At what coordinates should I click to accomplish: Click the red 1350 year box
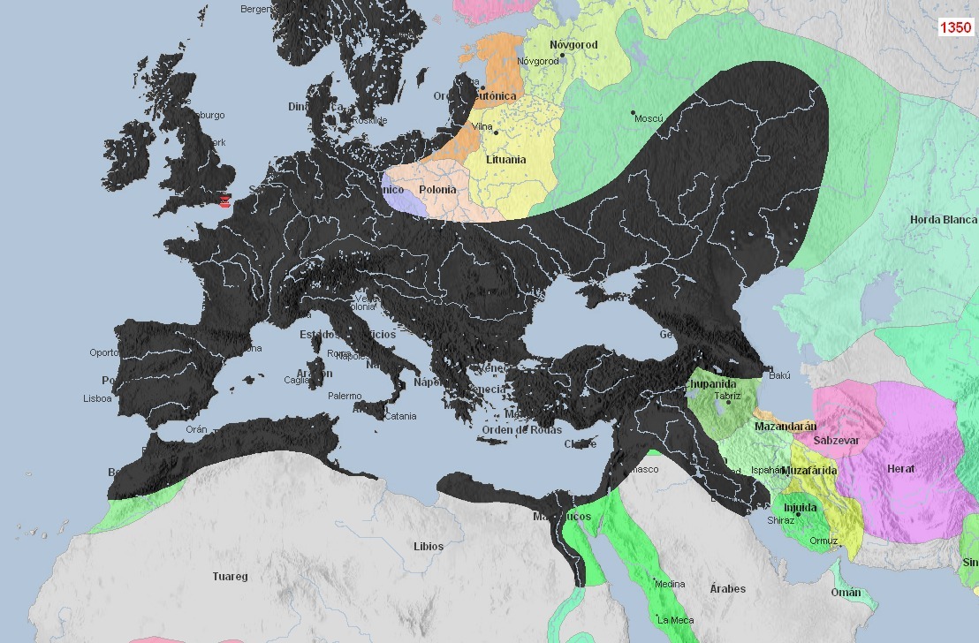point(954,27)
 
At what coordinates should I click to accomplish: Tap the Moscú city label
point(648,118)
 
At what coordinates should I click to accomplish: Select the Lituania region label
point(505,160)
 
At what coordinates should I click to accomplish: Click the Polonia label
point(437,190)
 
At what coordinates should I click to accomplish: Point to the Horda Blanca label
point(944,220)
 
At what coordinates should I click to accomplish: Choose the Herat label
point(900,469)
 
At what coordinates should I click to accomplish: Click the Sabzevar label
point(836,440)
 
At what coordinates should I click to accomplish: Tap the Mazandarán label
point(784,427)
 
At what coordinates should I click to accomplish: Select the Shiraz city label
point(780,521)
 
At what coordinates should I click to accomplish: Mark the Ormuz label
point(823,541)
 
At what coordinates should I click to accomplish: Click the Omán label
point(845,593)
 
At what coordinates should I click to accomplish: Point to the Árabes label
point(727,589)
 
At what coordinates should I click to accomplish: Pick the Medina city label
point(670,583)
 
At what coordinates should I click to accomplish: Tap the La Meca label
point(675,620)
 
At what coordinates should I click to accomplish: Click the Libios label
point(429,547)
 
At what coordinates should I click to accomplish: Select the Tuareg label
point(230,577)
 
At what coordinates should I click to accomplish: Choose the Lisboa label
point(97,398)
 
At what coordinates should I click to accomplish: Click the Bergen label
point(256,9)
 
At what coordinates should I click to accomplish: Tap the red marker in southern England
point(225,200)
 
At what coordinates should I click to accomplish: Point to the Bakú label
point(779,376)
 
